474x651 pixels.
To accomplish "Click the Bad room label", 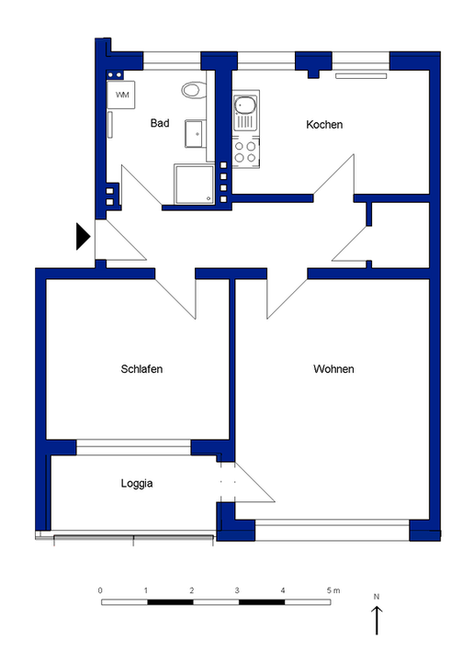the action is pos(160,123).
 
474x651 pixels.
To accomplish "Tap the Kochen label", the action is pos(324,124).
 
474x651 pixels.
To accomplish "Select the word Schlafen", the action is pos(141,369).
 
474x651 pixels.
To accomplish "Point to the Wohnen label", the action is pos(333,369).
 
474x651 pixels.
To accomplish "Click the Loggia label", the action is pos(137,483).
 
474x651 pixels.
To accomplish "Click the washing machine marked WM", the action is pos(121,95).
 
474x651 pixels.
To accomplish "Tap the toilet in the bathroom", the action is pos(194,90).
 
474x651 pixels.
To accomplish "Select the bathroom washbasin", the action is pos(196,134).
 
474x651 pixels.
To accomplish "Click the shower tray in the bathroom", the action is pos(195,184).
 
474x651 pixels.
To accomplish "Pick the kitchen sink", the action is pos(245,110).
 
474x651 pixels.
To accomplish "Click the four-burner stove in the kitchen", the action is pos(245,152).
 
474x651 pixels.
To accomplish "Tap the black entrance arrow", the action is pos(83,237).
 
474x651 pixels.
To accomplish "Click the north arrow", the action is pos(377,620).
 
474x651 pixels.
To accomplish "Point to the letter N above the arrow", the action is pos(377,597).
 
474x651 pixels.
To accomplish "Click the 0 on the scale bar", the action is pos(100,590).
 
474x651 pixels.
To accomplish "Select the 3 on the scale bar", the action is pos(237,590).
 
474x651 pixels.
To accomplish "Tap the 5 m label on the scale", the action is pos(333,590).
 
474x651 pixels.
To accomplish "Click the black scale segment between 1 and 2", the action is pos(170,602).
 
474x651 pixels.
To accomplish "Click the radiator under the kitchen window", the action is pos(361,76).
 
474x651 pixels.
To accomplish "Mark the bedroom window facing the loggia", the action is pos(134,447).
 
